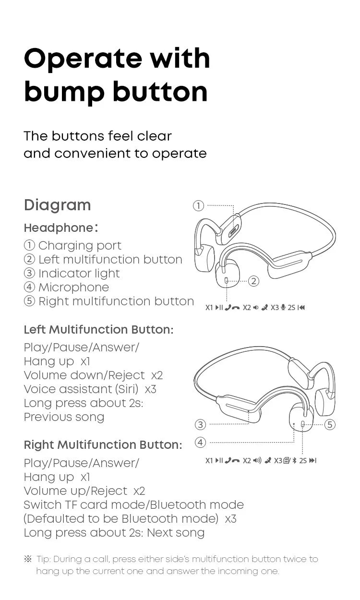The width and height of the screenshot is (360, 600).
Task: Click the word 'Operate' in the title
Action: click(82, 59)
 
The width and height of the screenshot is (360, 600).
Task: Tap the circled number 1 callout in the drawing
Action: click(198, 206)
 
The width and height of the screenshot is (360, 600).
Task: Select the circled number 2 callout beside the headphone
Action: click(253, 281)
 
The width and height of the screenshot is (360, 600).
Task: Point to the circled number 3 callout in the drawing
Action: click(201, 424)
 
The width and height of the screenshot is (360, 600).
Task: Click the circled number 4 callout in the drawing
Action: click(201, 442)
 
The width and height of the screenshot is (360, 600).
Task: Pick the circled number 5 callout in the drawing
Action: click(329, 424)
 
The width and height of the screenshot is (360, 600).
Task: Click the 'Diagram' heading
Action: click(57, 205)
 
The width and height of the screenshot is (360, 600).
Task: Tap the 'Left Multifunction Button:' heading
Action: click(98, 330)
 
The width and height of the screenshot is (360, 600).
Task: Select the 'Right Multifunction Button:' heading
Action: click(103, 445)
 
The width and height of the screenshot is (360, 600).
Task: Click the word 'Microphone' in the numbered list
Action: click(73, 288)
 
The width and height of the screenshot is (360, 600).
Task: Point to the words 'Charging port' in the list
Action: click(80, 246)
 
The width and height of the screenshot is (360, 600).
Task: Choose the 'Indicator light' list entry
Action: click(79, 274)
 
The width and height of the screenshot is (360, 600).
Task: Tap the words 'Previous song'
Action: click(64, 417)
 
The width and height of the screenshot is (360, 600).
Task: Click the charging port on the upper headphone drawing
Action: click(234, 230)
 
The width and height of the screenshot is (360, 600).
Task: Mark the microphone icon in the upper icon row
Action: click(283, 308)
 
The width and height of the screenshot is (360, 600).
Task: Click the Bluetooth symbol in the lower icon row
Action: click(294, 461)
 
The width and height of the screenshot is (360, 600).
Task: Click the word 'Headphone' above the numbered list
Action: click(58, 228)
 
